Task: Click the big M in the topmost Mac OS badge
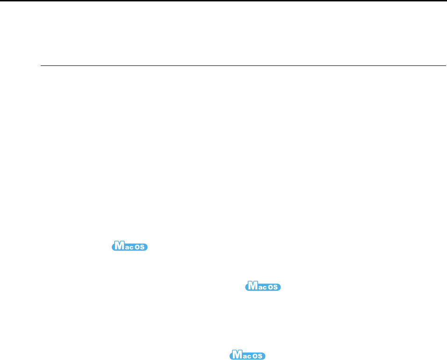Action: pyautogui.click(x=119, y=246)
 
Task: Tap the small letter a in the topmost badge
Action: pyautogui.click(x=126, y=247)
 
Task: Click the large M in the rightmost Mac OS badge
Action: pyautogui.click(x=252, y=286)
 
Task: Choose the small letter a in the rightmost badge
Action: pyautogui.click(x=260, y=287)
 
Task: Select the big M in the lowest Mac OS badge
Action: pyautogui.click(x=237, y=355)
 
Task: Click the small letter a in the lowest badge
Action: pyautogui.click(x=245, y=356)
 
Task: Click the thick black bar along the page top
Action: pyautogui.click(x=223, y=1)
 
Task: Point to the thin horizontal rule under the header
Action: pyautogui.click(x=243, y=66)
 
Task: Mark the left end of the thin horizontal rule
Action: pyautogui.click(x=41, y=66)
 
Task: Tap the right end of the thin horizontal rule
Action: pyautogui.click(x=446, y=66)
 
